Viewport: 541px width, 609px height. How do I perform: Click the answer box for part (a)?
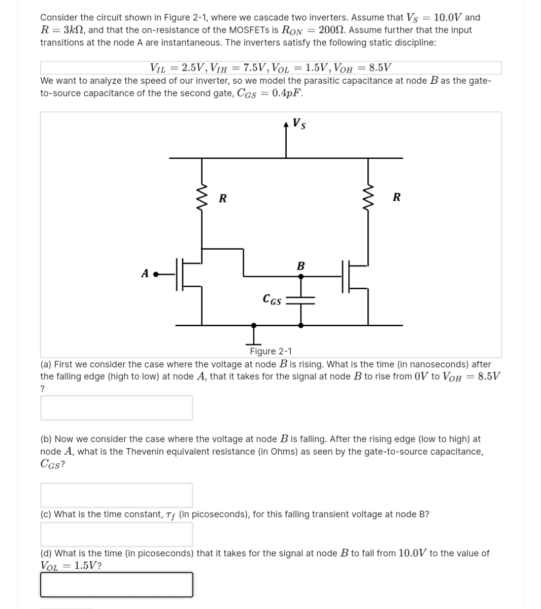coord(116,408)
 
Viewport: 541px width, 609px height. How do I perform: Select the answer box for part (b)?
coord(116,495)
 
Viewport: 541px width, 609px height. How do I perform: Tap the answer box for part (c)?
coord(116,534)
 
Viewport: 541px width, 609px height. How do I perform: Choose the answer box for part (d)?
coord(116,584)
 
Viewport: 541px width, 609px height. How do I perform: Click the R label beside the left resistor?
coord(222,198)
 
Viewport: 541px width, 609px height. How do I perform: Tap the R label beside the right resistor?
coord(396,197)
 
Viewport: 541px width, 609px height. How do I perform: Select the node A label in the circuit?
coord(145,274)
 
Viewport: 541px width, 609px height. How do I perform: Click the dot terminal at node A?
coord(156,275)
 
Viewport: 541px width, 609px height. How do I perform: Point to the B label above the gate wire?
coord(300,265)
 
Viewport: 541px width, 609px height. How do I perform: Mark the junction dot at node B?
coord(301,277)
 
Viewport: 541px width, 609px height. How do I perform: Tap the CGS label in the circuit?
coord(272,300)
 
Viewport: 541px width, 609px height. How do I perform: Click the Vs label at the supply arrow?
coord(299,123)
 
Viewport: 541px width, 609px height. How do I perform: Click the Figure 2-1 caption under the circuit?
coord(270,351)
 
